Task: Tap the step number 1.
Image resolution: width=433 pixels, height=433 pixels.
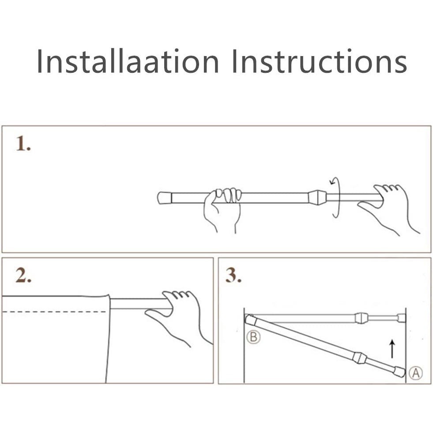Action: click(x=23, y=143)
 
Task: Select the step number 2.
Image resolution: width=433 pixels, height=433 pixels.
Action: click(x=23, y=275)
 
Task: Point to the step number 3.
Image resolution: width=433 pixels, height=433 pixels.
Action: click(x=233, y=275)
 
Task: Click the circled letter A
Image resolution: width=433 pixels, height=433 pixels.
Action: click(x=416, y=373)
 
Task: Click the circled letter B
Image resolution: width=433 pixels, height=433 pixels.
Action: click(x=253, y=337)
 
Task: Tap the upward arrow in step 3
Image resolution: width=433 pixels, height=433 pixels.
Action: click(x=392, y=349)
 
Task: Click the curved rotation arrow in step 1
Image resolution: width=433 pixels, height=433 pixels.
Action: click(x=336, y=197)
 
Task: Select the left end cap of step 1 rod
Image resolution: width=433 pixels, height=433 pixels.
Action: click(x=165, y=198)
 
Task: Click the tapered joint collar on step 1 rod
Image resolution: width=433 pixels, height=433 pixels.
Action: click(x=317, y=197)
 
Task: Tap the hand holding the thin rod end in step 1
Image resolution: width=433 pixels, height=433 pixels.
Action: click(x=389, y=209)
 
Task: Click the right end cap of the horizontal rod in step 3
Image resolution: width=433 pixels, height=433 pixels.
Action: click(x=402, y=318)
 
